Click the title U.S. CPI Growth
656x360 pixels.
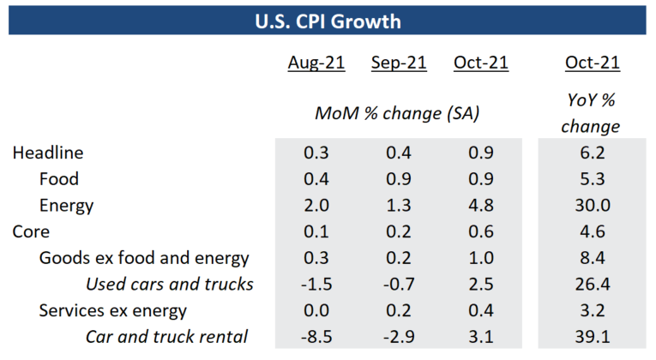coord(328,19)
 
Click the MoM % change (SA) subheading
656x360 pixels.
coord(396,112)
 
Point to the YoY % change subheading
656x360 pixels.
coord(592,112)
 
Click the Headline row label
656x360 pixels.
coord(47,153)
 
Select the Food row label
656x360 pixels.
coord(59,179)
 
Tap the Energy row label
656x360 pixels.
coord(66,206)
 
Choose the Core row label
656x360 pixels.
coord(31,232)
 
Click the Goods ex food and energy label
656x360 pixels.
coord(144,258)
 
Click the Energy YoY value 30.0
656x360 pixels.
coord(592,206)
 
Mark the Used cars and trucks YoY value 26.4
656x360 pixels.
coord(592,285)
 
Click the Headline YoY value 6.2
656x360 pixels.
coord(592,153)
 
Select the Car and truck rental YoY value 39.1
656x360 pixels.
coord(592,338)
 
